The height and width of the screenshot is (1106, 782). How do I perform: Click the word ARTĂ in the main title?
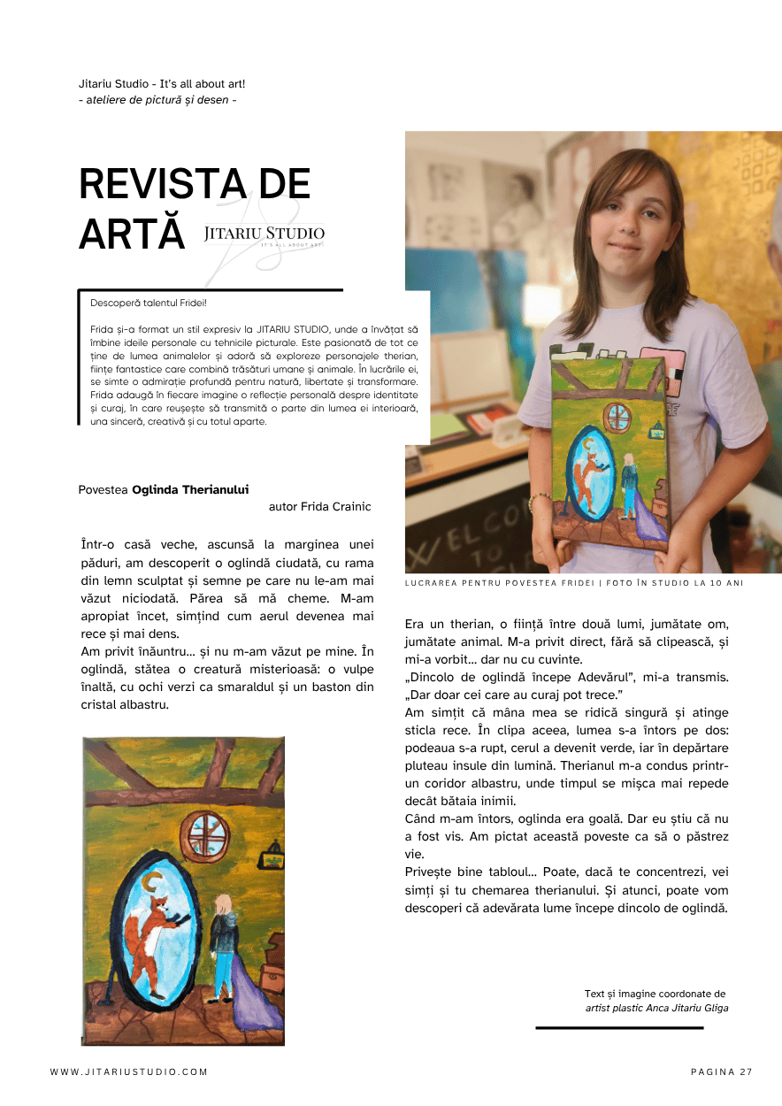coord(132,234)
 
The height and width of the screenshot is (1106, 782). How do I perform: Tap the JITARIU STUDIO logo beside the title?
coord(264,234)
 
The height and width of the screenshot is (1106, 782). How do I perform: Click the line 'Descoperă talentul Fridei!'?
coord(148,303)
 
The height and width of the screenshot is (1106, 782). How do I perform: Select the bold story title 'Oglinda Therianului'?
coord(190,489)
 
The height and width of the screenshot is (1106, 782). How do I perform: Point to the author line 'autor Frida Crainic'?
coord(319,507)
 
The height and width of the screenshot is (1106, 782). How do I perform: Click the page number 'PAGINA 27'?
coord(721,1071)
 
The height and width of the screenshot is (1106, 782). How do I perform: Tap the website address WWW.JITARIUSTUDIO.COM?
coord(129,1071)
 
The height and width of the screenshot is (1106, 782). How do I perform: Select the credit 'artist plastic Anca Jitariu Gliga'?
coord(656,1008)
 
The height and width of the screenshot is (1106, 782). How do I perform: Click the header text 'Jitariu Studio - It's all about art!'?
coord(162,84)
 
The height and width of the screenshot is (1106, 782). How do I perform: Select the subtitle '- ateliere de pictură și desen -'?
coord(157,100)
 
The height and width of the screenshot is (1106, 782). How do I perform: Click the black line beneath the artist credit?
coord(619,1028)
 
